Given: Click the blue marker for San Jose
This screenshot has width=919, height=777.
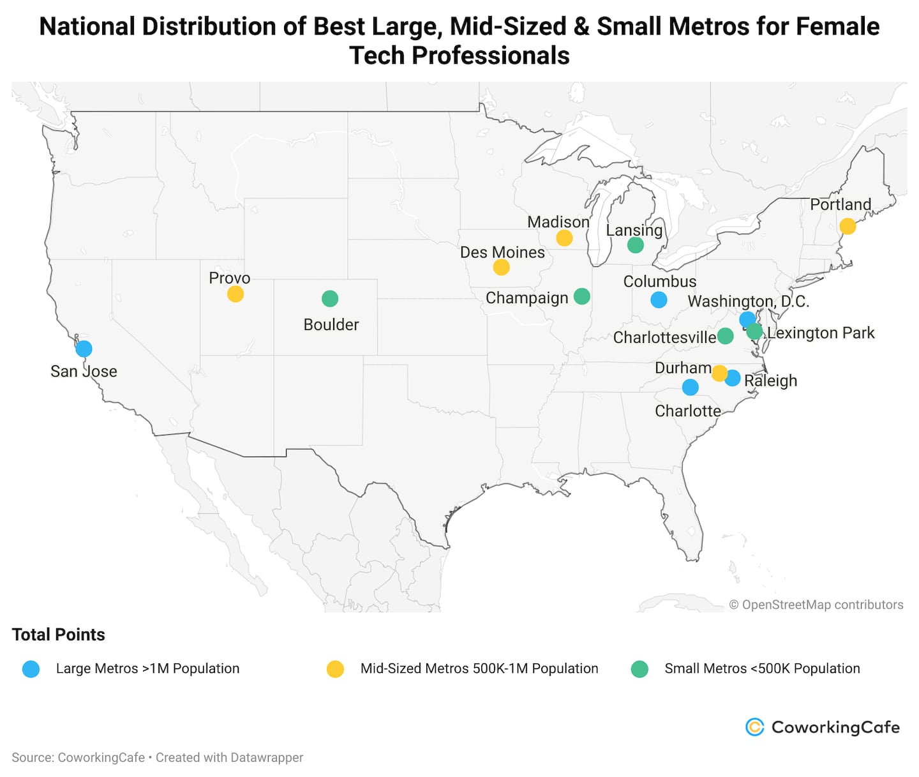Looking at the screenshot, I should [x=84, y=349].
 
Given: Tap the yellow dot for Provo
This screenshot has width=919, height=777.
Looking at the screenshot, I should [x=235, y=294].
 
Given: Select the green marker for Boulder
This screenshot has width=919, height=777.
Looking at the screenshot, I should [x=330, y=298].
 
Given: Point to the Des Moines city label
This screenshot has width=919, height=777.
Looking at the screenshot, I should [x=502, y=252].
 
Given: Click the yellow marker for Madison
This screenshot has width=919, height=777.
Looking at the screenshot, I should [x=564, y=238].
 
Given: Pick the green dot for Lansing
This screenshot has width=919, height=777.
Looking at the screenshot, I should [x=635, y=245].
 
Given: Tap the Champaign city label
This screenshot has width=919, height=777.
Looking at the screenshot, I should [x=527, y=298].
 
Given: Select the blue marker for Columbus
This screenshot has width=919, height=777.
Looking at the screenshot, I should [x=659, y=299].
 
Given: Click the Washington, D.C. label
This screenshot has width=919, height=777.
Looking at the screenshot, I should [x=748, y=301].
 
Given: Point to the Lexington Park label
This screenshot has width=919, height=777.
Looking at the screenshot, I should [x=821, y=333].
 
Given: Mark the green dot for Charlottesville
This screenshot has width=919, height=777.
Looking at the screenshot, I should [x=725, y=336].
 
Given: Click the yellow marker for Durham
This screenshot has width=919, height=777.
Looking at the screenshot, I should [x=719, y=373].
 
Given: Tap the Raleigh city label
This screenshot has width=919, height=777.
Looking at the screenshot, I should [x=770, y=381].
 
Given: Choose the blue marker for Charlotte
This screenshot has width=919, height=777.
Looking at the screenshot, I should [x=690, y=387].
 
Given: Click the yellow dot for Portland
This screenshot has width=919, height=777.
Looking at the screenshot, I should [x=848, y=226].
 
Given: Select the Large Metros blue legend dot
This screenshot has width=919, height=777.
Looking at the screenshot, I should [x=31, y=669].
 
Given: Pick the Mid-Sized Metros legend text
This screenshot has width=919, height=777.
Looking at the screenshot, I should [x=479, y=668].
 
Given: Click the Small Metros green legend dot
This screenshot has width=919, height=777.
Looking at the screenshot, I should [x=639, y=669].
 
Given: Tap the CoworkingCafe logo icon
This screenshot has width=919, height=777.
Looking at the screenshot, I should [x=755, y=727].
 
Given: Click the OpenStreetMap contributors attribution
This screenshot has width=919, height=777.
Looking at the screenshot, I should [x=816, y=605].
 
